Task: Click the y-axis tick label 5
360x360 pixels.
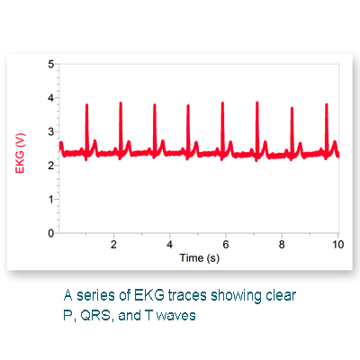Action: pos(50,64)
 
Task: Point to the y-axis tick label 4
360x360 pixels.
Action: pos(50,98)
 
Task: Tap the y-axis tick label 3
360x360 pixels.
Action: pos(50,131)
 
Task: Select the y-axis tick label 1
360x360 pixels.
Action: pos(50,199)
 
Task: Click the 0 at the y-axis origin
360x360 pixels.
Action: pos(50,233)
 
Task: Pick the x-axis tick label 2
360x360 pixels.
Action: pos(113,245)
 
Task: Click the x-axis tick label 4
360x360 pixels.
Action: pos(169,245)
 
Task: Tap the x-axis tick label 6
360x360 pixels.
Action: pos(226,245)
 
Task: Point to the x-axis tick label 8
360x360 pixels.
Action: pos(282,245)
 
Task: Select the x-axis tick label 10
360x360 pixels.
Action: pos(337,245)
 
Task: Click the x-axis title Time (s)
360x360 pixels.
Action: pos(200,258)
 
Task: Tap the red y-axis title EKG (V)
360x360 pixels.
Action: pos(20,153)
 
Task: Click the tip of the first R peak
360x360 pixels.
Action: pos(86,104)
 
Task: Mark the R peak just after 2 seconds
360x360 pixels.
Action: pos(121,103)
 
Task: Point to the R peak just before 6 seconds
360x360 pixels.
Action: pos(222,103)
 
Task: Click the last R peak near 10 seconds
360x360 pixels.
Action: pos(327,104)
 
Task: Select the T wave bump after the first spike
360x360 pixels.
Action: pos(95,146)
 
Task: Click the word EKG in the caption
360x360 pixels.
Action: pos(149,295)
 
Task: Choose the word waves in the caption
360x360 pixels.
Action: pos(176,316)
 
